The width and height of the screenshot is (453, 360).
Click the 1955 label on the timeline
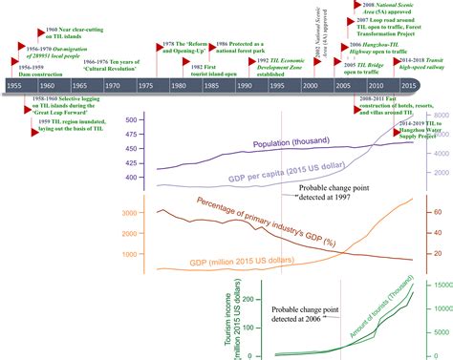coord(14,86)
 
